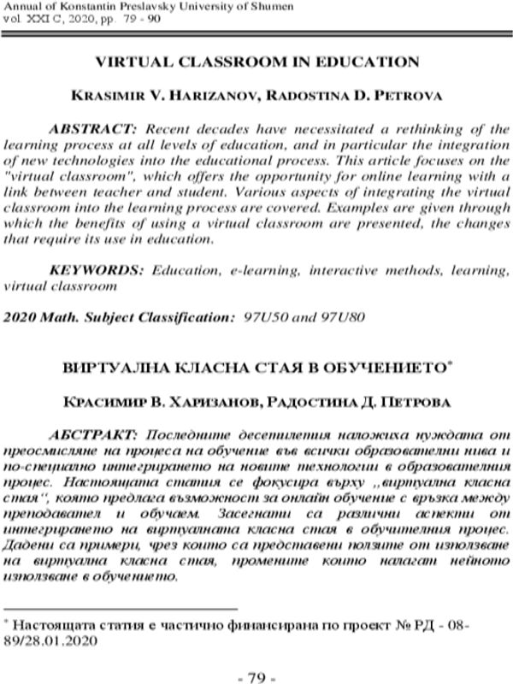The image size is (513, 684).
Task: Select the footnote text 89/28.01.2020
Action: (x=56, y=640)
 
